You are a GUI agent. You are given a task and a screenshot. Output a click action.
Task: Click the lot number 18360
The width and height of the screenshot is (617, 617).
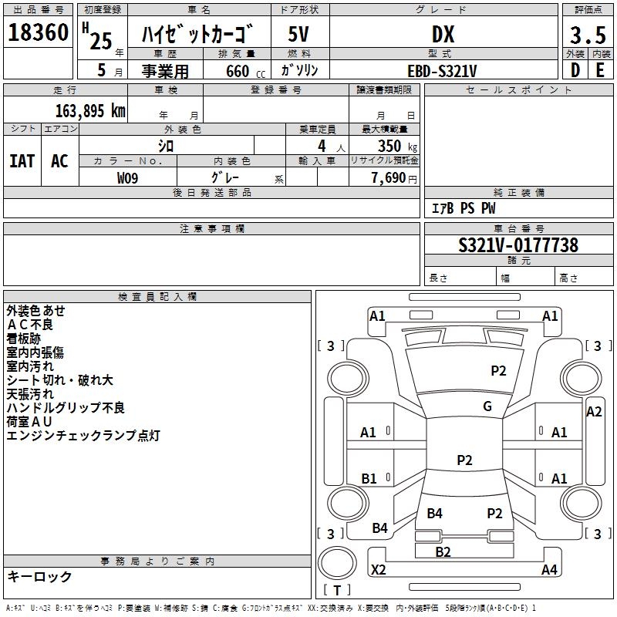(39, 33)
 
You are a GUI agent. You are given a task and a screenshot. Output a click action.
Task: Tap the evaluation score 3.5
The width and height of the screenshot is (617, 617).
(587, 35)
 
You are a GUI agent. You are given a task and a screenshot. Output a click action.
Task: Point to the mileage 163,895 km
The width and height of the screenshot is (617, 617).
(90, 110)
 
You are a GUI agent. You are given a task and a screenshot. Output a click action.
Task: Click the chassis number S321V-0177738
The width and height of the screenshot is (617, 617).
(518, 245)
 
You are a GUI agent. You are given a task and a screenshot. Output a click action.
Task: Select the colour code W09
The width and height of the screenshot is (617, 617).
(129, 177)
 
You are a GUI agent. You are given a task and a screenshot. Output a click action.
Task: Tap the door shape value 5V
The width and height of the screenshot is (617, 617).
(300, 34)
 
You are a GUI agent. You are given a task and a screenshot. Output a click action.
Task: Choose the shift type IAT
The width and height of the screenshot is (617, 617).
(22, 160)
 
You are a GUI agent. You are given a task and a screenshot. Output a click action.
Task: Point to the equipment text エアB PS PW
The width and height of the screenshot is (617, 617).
(463, 209)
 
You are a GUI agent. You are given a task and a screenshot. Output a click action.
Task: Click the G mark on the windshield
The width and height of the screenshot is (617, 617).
(487, 406)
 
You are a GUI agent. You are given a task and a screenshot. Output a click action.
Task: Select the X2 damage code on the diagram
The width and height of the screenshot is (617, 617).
(379, 570)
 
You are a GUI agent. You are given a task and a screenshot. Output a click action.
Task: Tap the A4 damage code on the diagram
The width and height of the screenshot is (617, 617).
(549, 570)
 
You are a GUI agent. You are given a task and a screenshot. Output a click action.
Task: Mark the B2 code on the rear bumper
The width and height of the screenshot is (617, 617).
(443, 551)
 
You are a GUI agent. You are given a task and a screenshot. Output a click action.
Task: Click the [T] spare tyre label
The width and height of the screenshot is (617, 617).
(337, 590)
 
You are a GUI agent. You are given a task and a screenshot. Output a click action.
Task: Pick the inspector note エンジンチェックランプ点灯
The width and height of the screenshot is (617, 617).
(83, 436)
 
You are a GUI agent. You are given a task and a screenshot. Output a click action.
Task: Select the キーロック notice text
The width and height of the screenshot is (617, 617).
(39, 576)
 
